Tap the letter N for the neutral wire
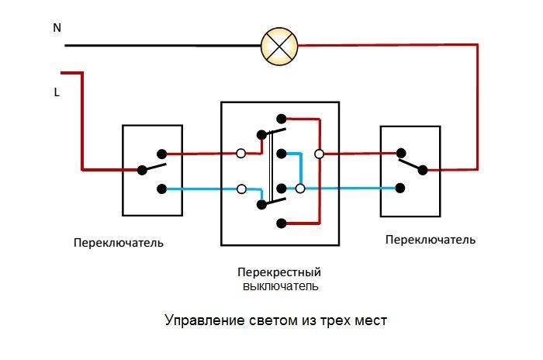point(57,28)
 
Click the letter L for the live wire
point(57,92)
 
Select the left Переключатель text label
point(119,242)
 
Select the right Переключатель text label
point(430,240)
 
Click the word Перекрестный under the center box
point(279,272)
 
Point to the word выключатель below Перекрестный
point(279,286)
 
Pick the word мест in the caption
point(368,320)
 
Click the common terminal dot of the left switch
point(141,169)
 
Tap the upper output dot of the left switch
point(161,154)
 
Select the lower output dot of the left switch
point(161,189)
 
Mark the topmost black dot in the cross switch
point(281,119)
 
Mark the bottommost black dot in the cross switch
point(281,223)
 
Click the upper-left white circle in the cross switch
point(241,154)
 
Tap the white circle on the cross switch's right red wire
point(319,154)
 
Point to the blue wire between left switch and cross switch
point(202,189)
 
